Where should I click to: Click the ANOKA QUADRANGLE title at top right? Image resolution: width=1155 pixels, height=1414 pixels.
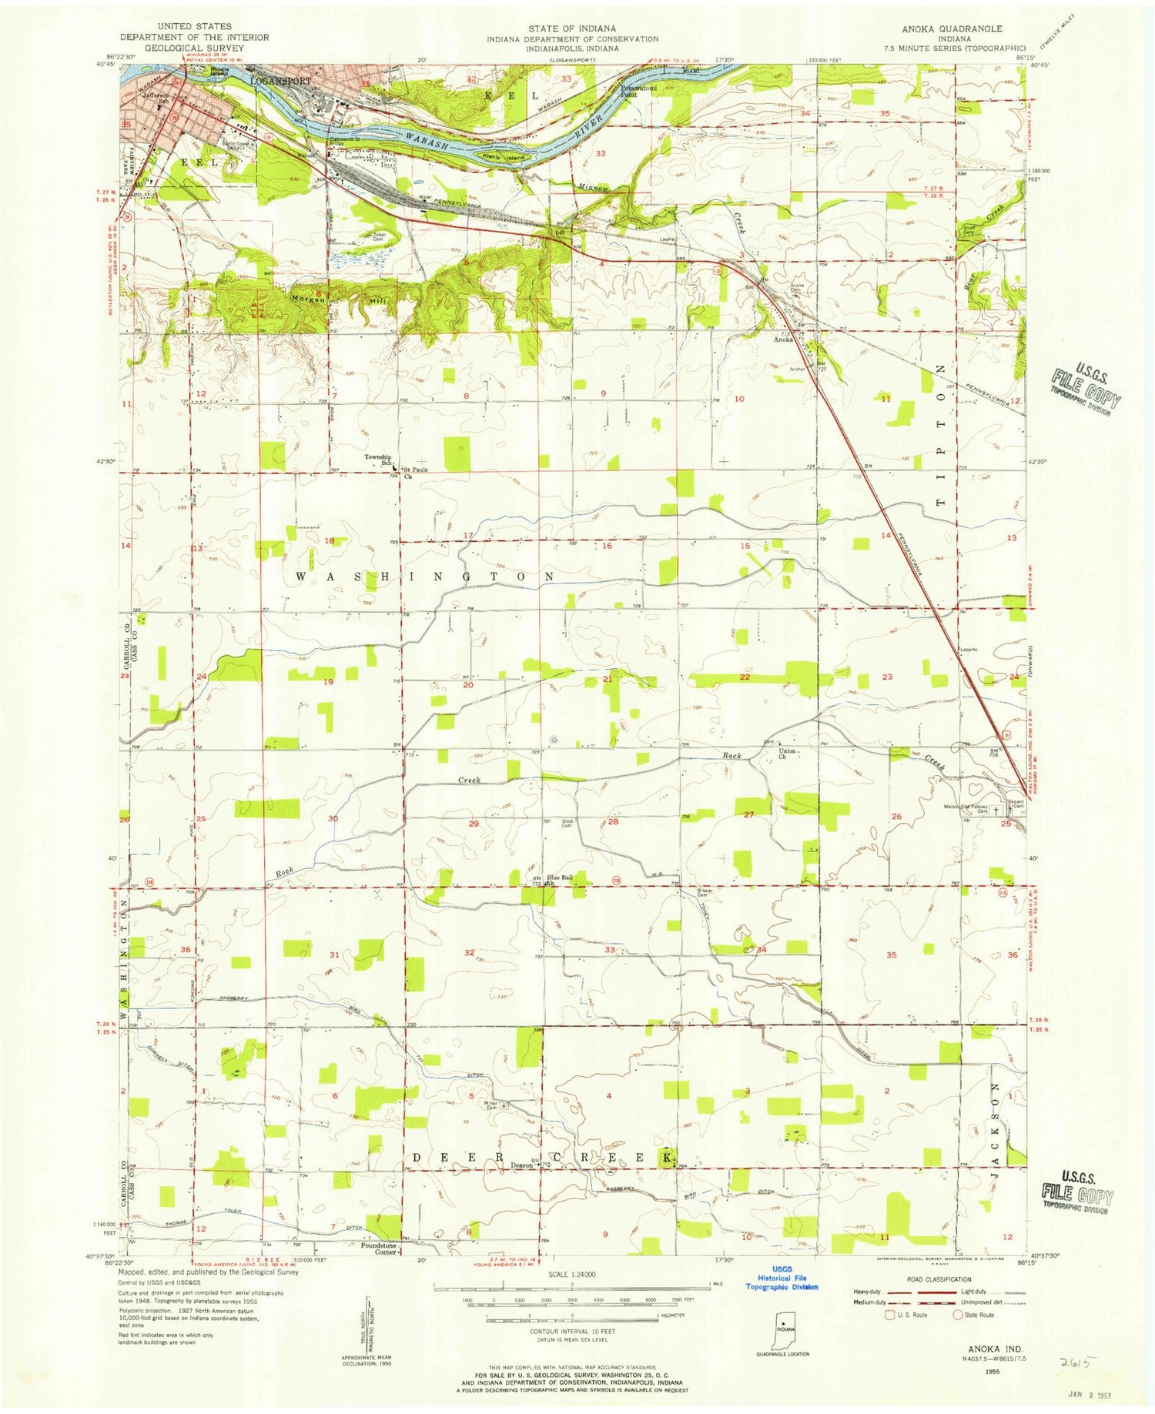952,28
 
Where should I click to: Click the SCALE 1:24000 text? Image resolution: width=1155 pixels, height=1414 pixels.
571,1275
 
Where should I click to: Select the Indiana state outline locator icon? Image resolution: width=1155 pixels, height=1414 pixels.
782,1329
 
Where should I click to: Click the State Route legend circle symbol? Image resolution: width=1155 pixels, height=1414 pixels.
958,1315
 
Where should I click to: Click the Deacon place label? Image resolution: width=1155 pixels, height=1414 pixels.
523,1165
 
